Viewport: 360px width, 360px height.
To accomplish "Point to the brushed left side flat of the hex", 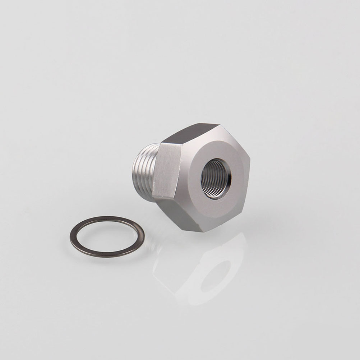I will pyautogui.click(x=167, y=170).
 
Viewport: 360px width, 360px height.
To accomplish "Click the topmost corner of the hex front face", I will pyautogui.click(x=220, y=125).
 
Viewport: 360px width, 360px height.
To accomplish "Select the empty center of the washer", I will pyautogui.click(x=107, y=236).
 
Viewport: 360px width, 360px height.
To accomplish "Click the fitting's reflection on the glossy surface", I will pyautogui.click(x=201, y=269).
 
